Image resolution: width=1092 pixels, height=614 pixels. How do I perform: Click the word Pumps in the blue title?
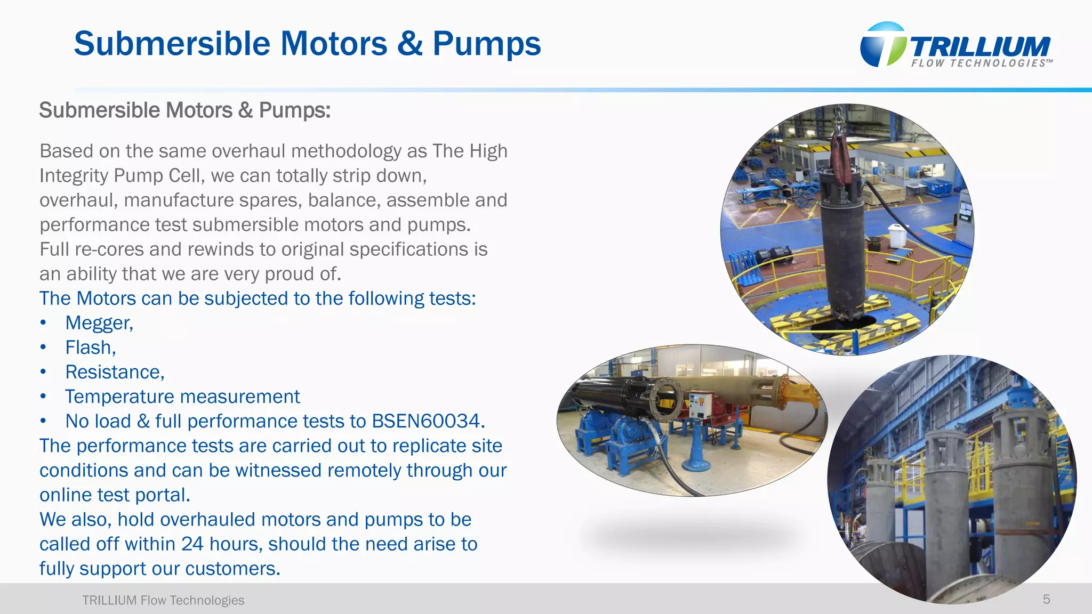[x=486, y=44]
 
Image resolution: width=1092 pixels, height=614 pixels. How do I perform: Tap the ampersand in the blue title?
[x=409, y=44]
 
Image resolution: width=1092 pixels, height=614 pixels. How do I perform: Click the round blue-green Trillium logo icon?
[x=882, y=45]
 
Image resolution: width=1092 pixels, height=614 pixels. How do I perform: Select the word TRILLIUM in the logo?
[x=980, y=47]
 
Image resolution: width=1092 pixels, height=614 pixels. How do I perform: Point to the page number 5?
[x=1046, y=600]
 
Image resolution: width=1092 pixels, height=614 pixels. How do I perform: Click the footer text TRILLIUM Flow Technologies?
[x=163, y=600]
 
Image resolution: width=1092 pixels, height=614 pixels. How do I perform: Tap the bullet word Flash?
[x=90, y=348]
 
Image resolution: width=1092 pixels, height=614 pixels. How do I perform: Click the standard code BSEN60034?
[x=428, y=421]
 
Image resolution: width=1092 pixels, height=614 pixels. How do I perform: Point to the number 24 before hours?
[x=192, y=544]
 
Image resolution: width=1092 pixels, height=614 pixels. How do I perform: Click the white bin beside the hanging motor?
[x=897, y=235]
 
